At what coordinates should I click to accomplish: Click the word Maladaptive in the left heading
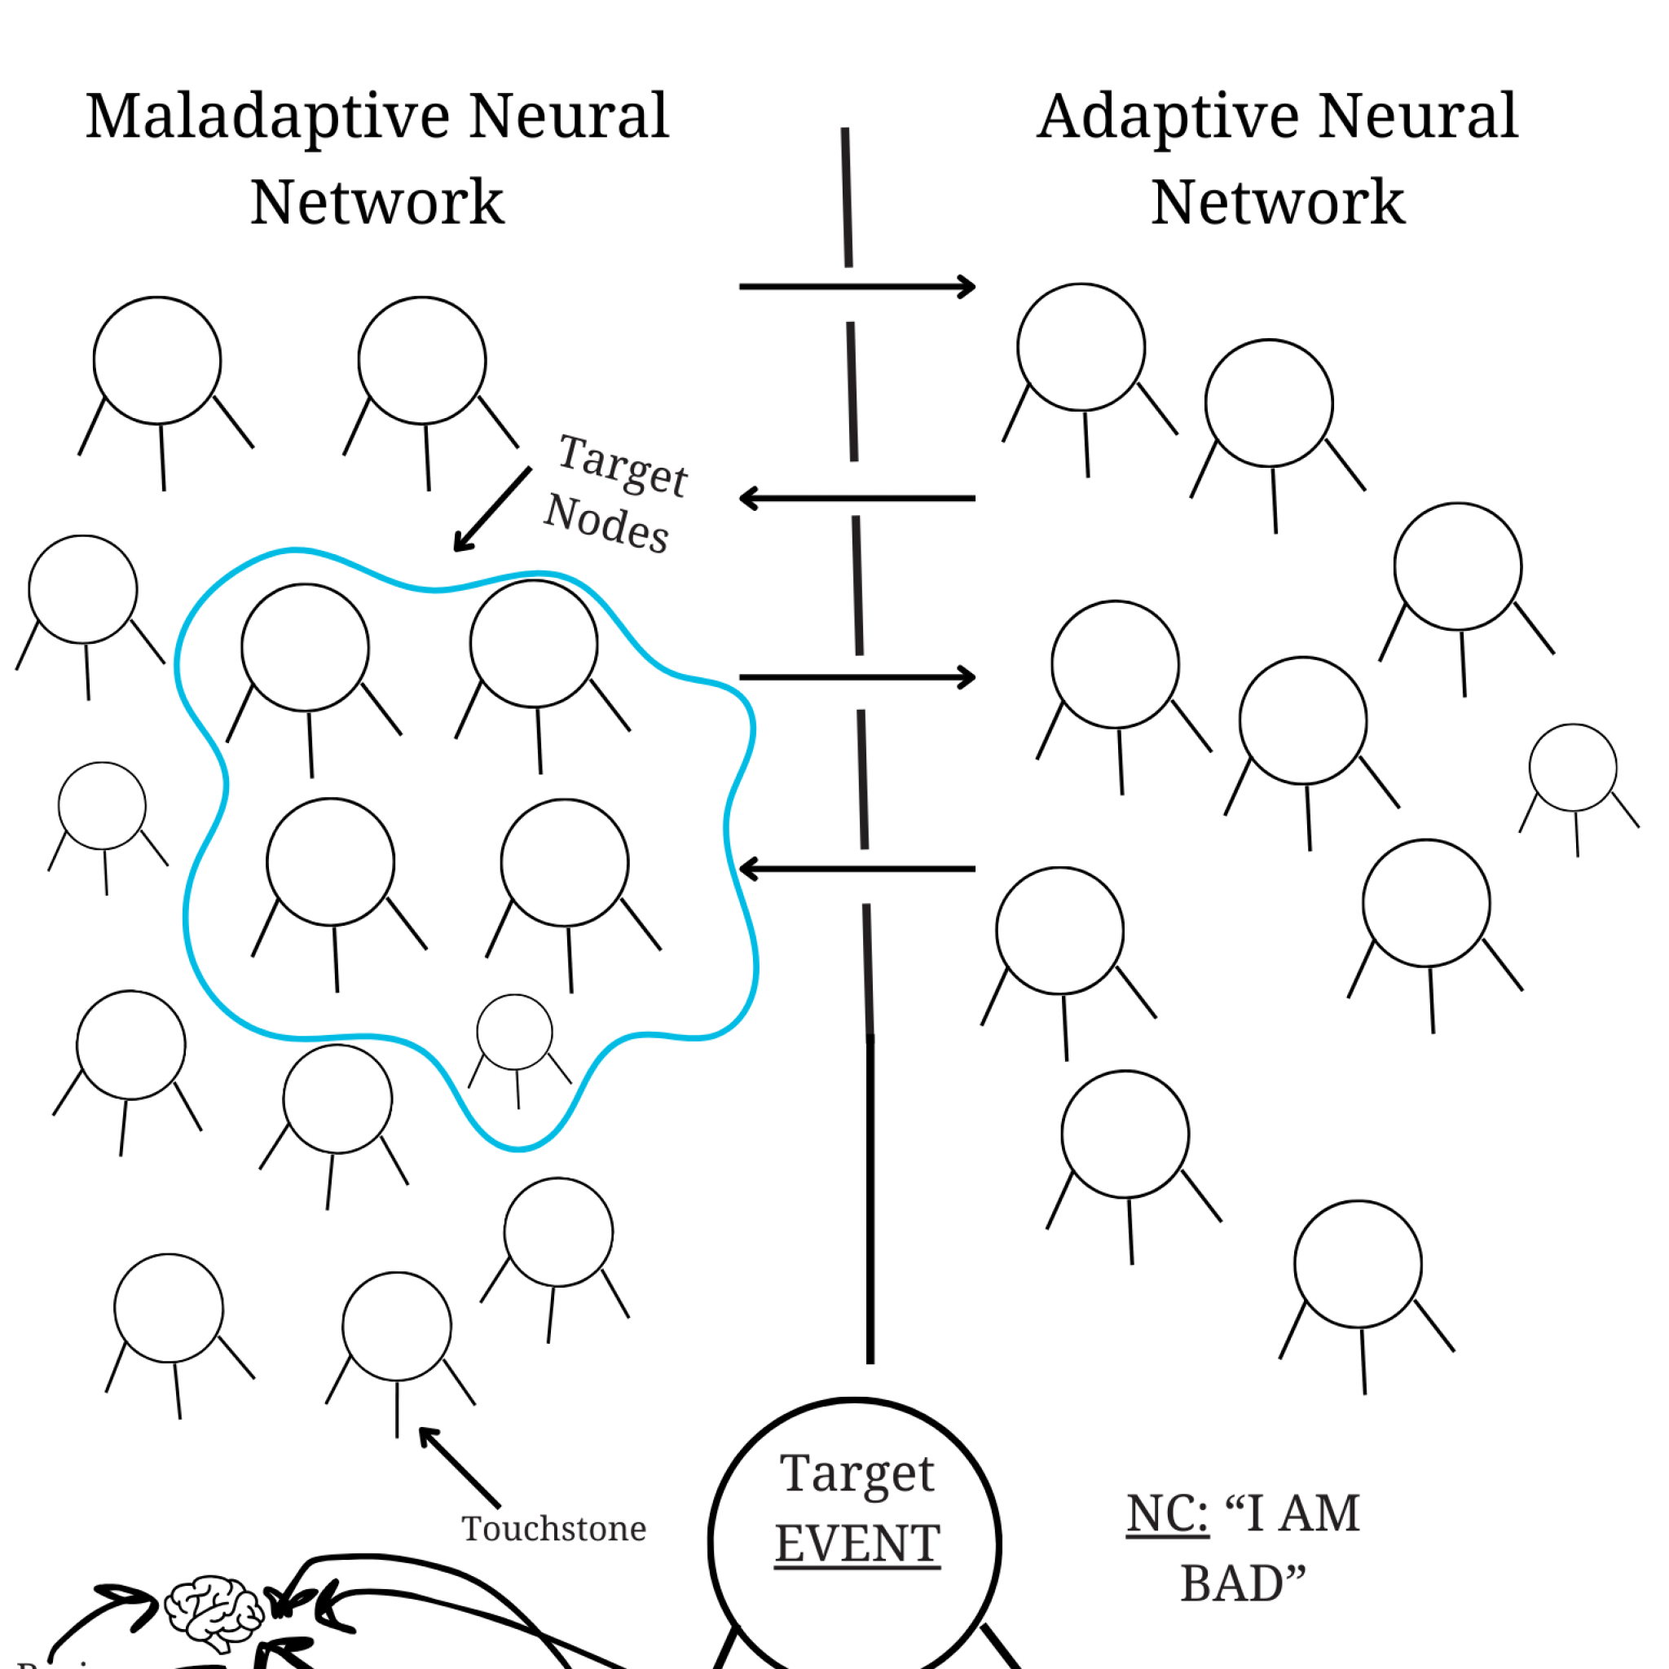(268, 117)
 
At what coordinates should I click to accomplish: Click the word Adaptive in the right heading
(1167, 117)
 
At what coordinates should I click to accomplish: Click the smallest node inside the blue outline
(515, 1032)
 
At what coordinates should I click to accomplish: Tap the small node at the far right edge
(1572, 767)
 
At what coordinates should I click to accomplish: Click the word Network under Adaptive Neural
(1278, 203)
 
